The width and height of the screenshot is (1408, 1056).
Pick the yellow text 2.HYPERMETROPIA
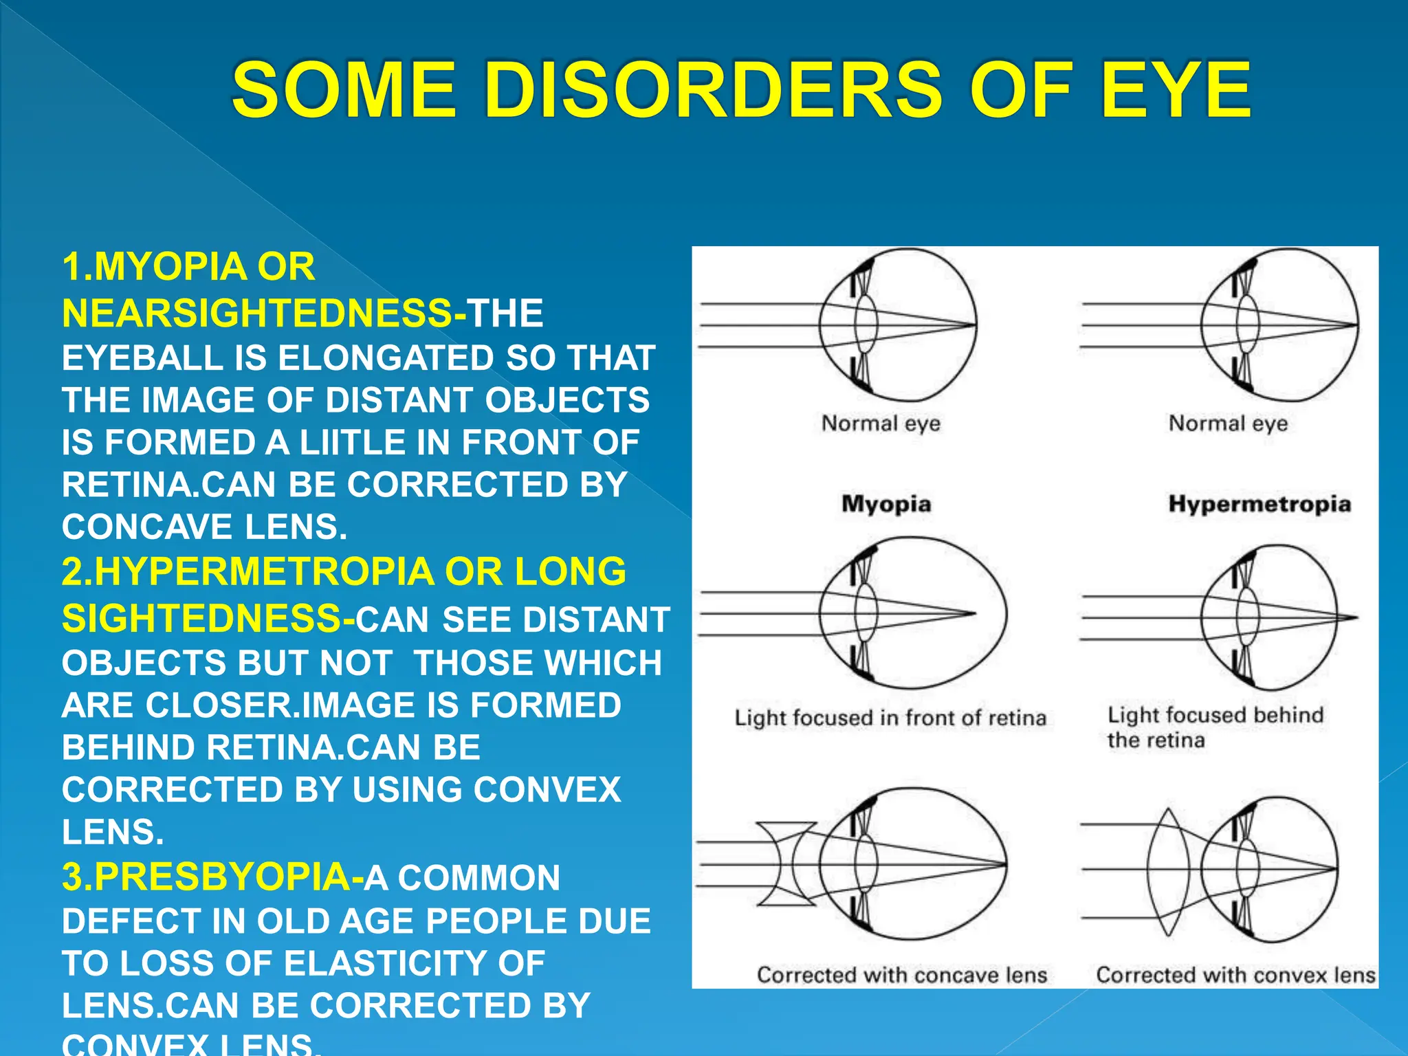pos(247,572)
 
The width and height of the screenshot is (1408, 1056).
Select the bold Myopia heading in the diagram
pos(886,504)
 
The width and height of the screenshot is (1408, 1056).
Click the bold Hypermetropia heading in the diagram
pos(1259,504)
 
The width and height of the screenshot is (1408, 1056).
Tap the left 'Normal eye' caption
pos(881,423)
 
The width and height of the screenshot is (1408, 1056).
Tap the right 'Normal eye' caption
pos(1228,423)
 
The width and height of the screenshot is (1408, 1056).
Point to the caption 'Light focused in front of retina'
pos(890,718)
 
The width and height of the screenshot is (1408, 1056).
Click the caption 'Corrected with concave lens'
pos(901,975)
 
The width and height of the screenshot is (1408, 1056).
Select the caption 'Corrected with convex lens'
pos(1235,975)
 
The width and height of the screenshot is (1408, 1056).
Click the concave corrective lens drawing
pos(786,864)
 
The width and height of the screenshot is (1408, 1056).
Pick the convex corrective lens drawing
pos(1168,872)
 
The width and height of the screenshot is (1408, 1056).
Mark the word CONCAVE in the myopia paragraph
pos(146,528)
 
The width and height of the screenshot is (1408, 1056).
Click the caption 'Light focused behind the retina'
pos(1214,727)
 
